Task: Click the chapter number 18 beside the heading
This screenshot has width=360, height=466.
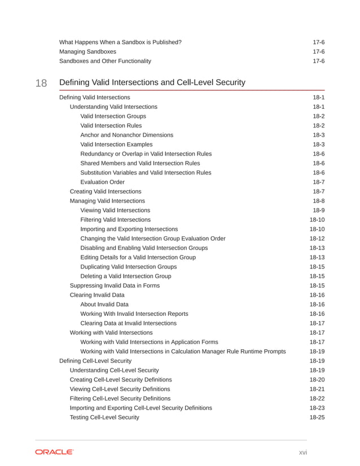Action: coord(41,83)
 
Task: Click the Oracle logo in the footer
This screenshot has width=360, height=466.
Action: coord(54,452)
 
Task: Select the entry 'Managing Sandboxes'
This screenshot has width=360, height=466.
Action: coord(88,51)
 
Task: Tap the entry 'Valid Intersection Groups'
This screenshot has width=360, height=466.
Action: coord(113,116)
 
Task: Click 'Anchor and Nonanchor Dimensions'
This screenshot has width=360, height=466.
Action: coord(127,135)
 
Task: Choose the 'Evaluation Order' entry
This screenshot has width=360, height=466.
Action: coord(103,182)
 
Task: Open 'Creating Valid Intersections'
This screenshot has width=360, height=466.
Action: coord(106,191)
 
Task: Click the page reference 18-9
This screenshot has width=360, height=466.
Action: coord(318,210)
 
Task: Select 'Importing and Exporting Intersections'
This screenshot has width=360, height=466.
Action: coord(129,229)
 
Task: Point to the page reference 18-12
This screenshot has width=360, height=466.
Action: coord(317,239)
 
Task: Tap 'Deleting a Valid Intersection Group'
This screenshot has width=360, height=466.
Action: coord(126,276)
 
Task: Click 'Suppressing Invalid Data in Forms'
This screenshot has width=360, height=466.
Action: coord(115,285)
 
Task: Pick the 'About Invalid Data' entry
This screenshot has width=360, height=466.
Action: coord(104,305)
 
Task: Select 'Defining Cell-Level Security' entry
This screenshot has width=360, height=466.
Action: coord(95,361)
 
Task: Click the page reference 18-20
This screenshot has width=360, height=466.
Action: coord(317,380)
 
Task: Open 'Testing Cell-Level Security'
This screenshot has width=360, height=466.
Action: coord(104,417)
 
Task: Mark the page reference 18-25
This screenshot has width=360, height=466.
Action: coord(317,417)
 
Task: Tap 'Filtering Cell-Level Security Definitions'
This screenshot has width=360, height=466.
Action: coord(120,398)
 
